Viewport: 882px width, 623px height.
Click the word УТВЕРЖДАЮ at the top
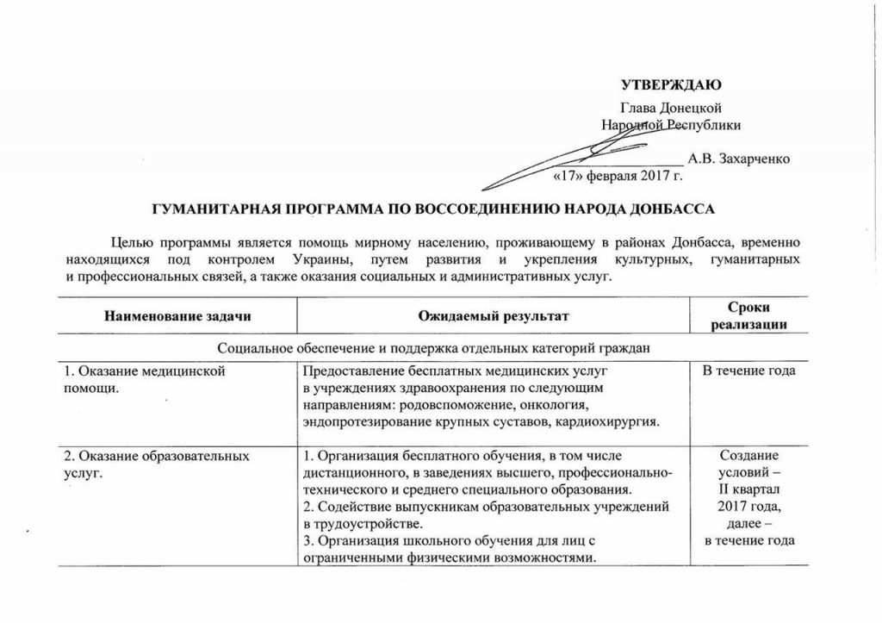tap(671, 84)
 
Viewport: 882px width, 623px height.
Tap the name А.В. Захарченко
tap(739, 159)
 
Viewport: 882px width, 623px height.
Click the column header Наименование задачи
tap(177, 316)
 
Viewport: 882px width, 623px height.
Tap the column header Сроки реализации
tap(748, 316)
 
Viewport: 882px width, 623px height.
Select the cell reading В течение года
tap(748, 371)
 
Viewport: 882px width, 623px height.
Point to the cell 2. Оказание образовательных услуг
tap(158, 464)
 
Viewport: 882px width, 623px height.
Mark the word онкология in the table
tap(556, 404)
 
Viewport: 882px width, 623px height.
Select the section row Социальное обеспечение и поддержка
tap(432, 348)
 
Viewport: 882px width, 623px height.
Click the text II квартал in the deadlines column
tap(748, 489)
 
